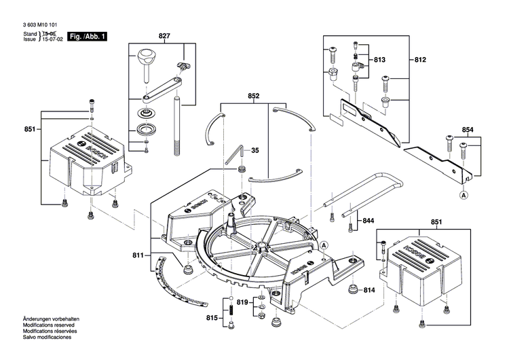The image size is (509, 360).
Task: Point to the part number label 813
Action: [x=379, y=60]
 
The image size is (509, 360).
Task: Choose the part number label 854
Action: [x=468, y=129]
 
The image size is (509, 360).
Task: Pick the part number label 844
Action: [x=369, y=221]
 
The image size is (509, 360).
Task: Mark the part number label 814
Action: [x=369, y=291]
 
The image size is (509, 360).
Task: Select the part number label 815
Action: [x=212, y=318]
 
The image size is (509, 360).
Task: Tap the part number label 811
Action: [x=138, y=255]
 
